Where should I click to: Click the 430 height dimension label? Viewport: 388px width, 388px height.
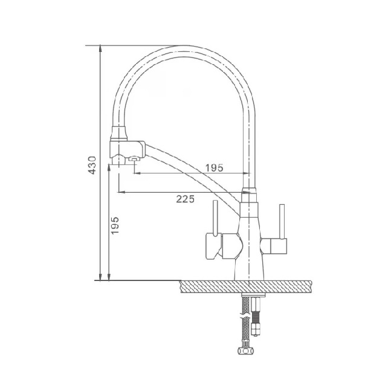pyautogui.click(x=92, y=165)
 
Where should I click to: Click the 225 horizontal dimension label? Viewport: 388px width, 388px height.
pyautogui.click(x=186, y=199)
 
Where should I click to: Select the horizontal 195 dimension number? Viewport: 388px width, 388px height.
pyautogui.click(x=215, y=168)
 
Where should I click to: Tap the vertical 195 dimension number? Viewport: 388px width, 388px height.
pyautogui.click(x=115, y=225)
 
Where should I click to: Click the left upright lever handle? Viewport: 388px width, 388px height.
pyautogui.click(x=215, y=218)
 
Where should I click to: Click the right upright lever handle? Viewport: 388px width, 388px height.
pyautogui.click(x=282, y=222)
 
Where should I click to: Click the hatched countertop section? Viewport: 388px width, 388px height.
pyautogui.click(x=246, y=287)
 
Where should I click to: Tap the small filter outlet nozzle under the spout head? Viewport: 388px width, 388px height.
pyautogui.click(x=134, y=159)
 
